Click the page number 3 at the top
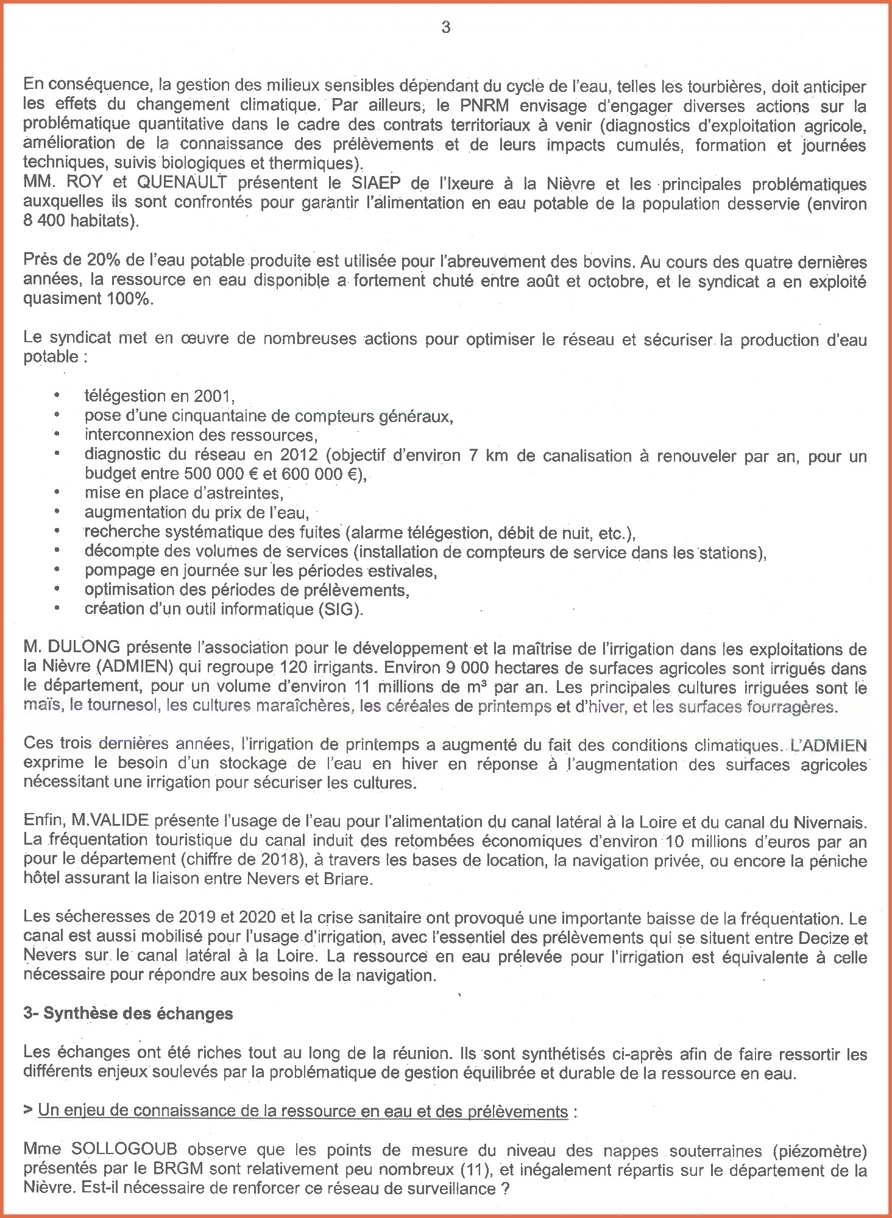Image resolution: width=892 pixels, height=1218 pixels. [446, 27]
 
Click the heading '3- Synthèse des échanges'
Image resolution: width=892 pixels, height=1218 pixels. [128, 1013]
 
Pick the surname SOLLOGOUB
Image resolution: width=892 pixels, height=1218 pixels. [124, 1150]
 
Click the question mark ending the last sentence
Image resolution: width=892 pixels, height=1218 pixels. [505, 1189]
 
